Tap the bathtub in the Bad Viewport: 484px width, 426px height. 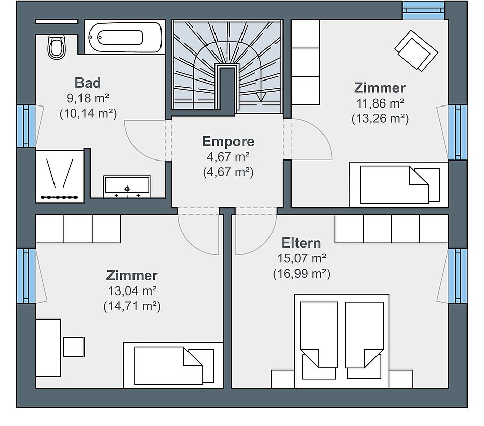(x=125, y=38)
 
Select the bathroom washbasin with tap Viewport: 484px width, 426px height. (x=127, y=187)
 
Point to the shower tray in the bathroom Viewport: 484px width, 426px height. (x=60, y=177)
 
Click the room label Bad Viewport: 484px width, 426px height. (x=88, y=83)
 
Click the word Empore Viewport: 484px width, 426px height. (x=228, y=141)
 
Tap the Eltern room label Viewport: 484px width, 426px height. (x=301, y=243)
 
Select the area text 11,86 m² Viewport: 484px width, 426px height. (x=380, y=103)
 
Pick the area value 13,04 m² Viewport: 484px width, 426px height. (x=132, y=291)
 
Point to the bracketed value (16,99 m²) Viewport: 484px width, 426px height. (x=302, y=274)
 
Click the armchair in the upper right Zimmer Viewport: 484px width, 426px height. (x=416, y=50)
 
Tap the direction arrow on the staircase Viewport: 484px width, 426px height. (x=261, y=96)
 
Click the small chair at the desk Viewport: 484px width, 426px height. (x=74, y=347)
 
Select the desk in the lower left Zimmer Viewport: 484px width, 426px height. (x=48, y=348)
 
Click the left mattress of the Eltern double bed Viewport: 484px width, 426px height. (x=319, y=335)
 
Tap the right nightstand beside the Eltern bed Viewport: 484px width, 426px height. (x=400, y=379)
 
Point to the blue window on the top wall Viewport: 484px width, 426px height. (x=423, y=10)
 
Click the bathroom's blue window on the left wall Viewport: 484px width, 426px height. (x=26, y=126)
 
